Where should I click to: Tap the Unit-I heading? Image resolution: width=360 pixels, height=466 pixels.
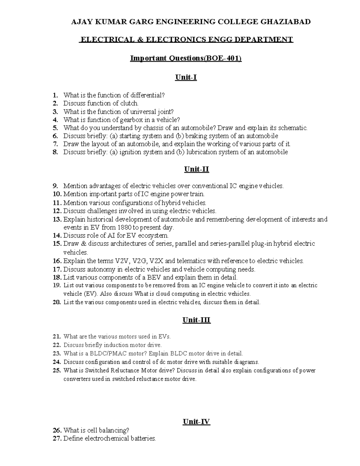coord(186,77)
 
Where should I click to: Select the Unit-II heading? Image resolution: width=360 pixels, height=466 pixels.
coord(196,169)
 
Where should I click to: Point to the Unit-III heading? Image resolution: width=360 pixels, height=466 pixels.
coord(196,320)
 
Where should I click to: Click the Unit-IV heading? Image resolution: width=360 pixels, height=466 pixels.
coord(196,422)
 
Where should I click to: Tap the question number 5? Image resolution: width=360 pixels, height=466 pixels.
coord(55,128)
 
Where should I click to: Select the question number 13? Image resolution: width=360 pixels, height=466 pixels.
coord(57,219)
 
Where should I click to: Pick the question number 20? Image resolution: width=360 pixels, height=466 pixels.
coord(57,302)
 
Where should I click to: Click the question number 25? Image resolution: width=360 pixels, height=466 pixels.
coord(57,370)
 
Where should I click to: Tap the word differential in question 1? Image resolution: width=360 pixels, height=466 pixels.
coord(147,95)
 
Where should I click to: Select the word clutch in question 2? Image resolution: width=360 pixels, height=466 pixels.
coord(129,103)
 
